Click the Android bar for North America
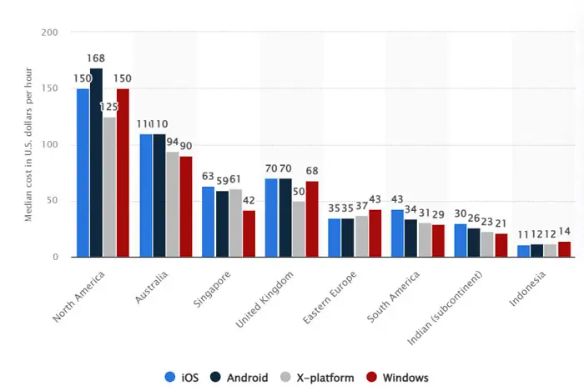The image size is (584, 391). (x=96, y=163)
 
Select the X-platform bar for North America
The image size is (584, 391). (x=109, y=187)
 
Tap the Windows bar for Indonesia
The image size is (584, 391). (x=565, y=248)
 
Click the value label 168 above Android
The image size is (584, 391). (x=96, y=58)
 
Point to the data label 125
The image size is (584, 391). (x=110, y=107)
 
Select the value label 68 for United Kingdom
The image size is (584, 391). (x=311, y=171)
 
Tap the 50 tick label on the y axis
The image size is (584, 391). (x=52, y=201)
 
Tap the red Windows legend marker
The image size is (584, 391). (x=372, y=378)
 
